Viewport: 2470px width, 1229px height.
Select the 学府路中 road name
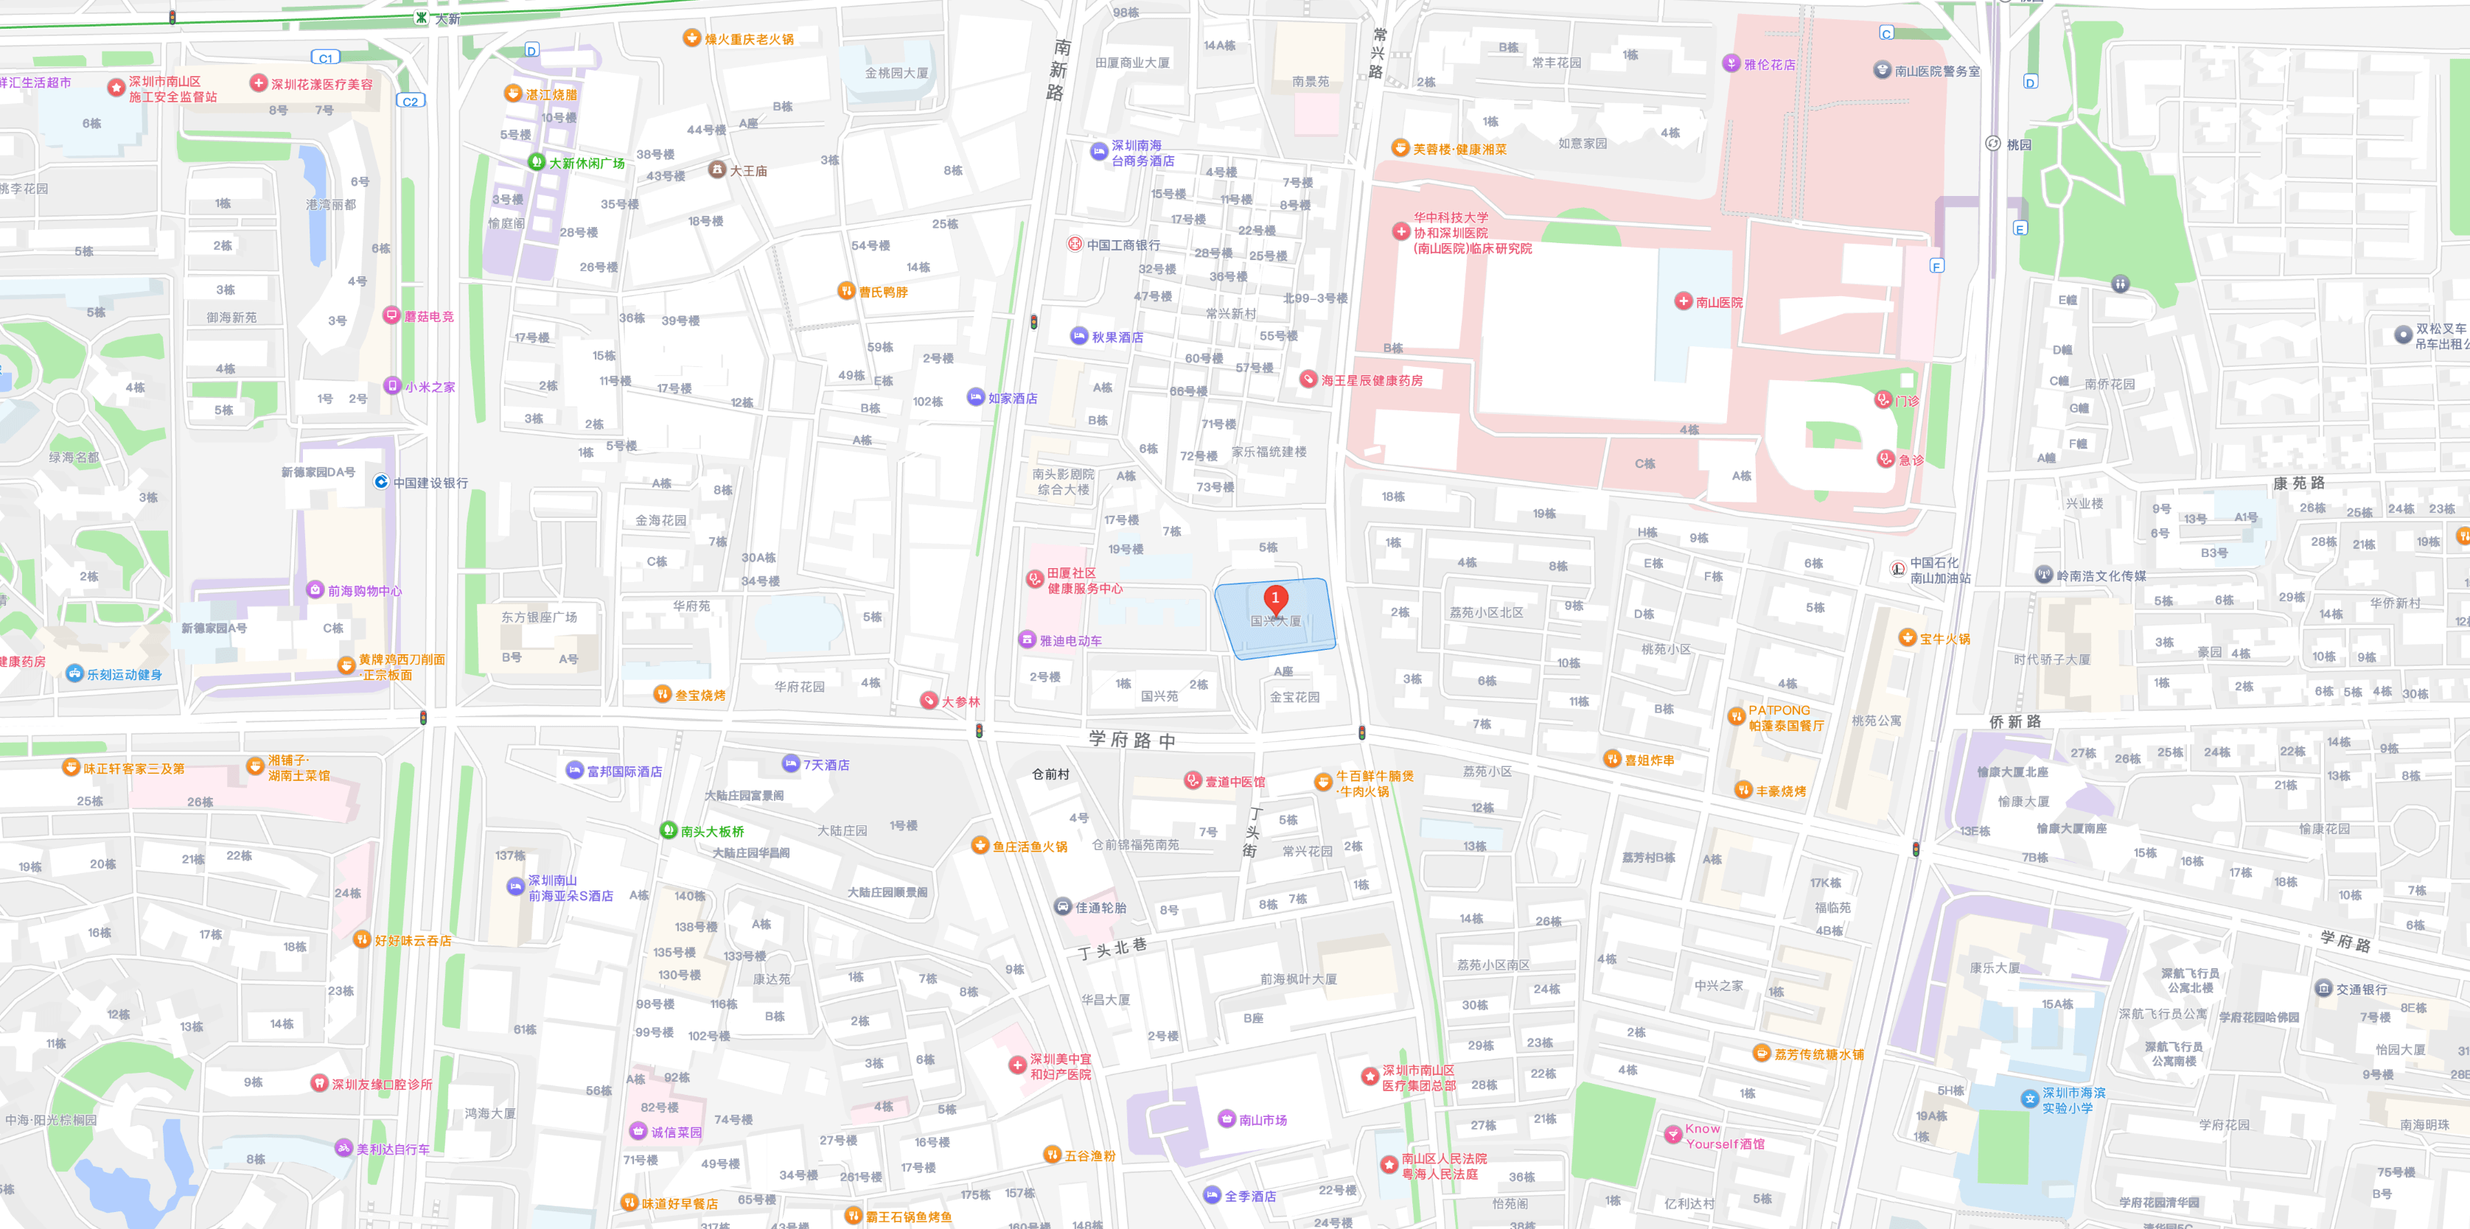coord(1131,739)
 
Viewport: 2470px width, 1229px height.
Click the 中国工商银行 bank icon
coord(1075,245)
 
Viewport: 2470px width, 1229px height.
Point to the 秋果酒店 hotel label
coord(1117,337)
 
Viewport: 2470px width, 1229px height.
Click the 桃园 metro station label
coord(2018,144)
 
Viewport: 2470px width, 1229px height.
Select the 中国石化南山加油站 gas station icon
coord(1897,570)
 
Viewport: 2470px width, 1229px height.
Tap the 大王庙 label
coord(748,171)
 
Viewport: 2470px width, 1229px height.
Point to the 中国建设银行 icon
coord(380,482)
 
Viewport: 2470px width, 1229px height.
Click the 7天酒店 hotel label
coord(826,765)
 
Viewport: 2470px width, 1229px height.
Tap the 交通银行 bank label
coord(2362,990)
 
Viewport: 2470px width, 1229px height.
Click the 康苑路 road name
coord(2298,483)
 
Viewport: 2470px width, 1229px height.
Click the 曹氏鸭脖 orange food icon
coord(845,292)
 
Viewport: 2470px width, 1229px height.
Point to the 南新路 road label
coord(1059,69)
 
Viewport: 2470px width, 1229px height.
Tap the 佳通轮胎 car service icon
coord(1062,907)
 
